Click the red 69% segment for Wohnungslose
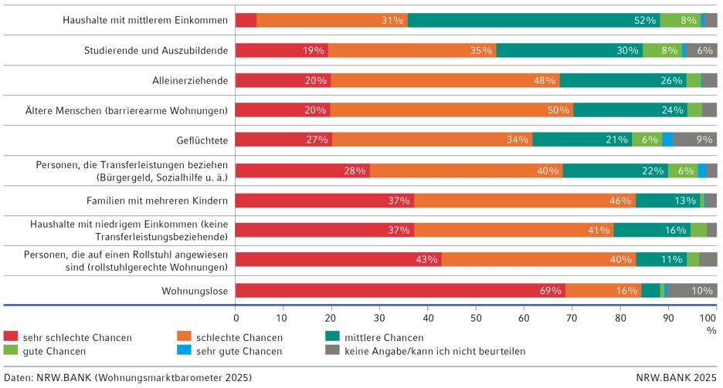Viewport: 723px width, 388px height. pyautogui.click(x=400, y=290)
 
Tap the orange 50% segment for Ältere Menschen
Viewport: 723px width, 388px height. pyautogui.click(x=453, y=110)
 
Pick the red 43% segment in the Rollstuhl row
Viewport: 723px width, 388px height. pyautogui.click(x=338, y=259)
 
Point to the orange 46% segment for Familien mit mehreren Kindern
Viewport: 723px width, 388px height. pyautogui.click(x=524, y=201)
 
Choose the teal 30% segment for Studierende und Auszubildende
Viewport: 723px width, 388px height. pyautogui.click(x=569, y=50)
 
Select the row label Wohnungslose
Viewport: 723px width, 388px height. pyautogui.click(x=194, y=291)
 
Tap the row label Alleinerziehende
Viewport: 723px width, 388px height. pyautogui.click(x=189, y=80)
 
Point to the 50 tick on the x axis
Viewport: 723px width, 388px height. pyautogui.click(x=476, y=316)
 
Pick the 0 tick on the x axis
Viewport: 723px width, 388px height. pyautogui.click(x=236, y=316)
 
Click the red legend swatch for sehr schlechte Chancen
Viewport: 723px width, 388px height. pyautogui.click(x=10, y=337)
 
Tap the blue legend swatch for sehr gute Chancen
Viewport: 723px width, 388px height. pyautogui.click(x=173, y=351)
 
